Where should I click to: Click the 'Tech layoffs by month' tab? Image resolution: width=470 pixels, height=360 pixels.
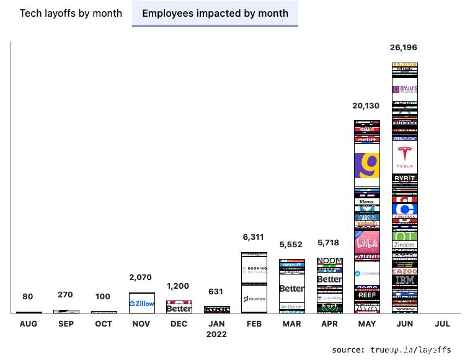[71, 13]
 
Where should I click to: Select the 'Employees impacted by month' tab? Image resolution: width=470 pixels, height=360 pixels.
[215, 13]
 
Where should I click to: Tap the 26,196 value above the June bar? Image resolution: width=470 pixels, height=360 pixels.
[404, 48]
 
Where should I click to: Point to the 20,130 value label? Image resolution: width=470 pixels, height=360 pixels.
[366, 106]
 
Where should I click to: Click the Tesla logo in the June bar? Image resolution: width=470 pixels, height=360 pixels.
[405, 157]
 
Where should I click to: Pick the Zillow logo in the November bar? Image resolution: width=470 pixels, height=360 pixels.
[142, 304]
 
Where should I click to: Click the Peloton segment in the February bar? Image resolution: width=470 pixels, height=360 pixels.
[254, 299]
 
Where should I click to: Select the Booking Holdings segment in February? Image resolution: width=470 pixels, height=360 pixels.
[254, 271]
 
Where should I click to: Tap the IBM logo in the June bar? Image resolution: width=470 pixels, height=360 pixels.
[405, 281]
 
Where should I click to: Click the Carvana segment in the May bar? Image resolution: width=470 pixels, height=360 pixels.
[366, 273]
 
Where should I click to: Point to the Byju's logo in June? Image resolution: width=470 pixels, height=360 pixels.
[405, 89]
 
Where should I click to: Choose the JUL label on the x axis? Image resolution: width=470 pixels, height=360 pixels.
[442, 324]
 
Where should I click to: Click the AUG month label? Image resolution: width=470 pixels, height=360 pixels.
[29, 324]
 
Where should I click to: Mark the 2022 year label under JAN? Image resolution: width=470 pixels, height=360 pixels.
[216, 335]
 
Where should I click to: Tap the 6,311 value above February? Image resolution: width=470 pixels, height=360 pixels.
[254, 237]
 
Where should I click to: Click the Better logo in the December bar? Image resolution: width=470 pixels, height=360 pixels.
[179, 308]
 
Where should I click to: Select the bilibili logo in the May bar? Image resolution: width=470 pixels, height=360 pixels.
[366, 244]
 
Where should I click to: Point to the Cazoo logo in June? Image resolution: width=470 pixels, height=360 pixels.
[405, 271]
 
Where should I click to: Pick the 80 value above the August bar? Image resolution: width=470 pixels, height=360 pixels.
[29, 297]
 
